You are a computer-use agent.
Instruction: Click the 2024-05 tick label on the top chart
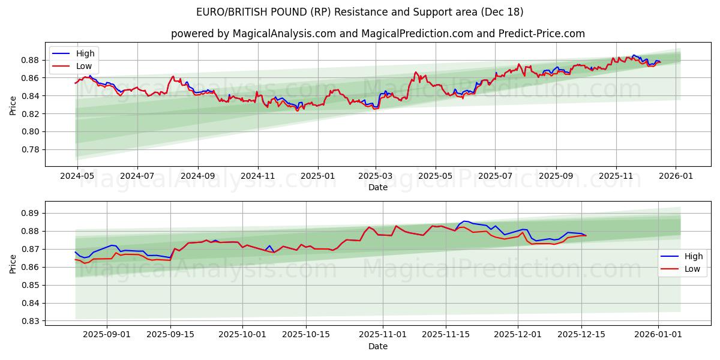click(77, 176)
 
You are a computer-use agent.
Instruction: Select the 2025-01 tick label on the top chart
click(317, 176)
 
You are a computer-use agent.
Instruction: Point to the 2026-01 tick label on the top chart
click(676, 176)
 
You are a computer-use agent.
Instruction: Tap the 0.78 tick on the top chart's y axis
click(31, 149)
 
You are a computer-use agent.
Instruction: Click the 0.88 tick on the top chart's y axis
click(31, 60)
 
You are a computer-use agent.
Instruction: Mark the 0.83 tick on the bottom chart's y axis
click(31, 321)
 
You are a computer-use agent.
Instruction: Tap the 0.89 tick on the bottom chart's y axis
click(31, 213)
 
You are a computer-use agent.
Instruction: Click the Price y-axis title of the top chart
click(13, 105)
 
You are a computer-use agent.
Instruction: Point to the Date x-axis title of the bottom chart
click(378, 346)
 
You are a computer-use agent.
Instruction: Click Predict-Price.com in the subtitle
click(542, 34)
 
